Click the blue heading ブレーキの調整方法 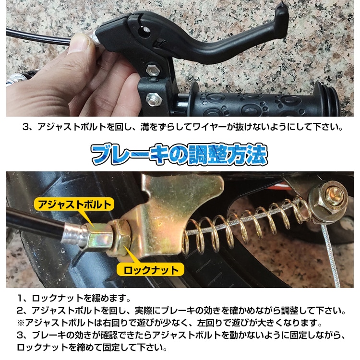click(180, 155)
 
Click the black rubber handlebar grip click(250, 101)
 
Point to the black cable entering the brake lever click(38, 36)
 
